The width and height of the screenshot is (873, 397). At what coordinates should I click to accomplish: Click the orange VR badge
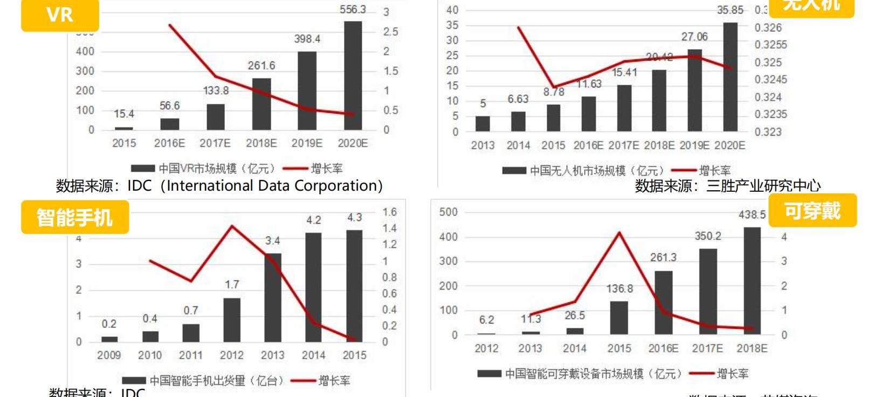(x=60, y=15)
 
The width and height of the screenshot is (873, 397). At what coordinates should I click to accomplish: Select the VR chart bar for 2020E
(x=353, y=76)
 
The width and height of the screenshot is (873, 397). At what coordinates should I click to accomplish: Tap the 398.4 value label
(x=307, y=39)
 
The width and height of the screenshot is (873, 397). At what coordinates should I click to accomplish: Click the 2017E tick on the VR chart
(x=215, y=144)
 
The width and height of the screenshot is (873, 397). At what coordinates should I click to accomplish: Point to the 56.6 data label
(x=169, y=106)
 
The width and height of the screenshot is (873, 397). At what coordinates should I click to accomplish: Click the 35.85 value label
(x=730, y=10)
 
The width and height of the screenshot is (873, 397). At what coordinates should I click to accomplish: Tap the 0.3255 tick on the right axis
(x=771, y=45)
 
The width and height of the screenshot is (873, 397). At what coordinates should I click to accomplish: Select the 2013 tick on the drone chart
(x=483, y=145)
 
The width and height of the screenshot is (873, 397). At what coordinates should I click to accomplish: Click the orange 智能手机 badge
(x=75, y=217)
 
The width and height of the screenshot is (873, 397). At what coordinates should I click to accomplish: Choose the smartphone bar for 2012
(x=232, y=320)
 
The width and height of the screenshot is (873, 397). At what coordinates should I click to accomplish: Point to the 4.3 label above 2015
(x=354, y=218)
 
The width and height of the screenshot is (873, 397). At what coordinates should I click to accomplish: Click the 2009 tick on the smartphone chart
(x=109, y=355)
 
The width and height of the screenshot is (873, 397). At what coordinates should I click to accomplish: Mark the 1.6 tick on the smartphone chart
(x=389, y=212)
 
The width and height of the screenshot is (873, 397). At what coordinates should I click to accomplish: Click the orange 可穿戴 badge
(x=812, y=210)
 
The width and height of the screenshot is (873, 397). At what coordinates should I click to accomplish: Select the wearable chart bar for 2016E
(x=664, y=302)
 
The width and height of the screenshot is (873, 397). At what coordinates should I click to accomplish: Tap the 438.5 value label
(x=752, y=215)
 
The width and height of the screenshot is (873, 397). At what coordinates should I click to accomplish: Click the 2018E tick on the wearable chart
(x=752, y=349)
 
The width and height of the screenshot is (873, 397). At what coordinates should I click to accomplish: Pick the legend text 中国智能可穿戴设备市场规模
(x=574, y=374)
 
